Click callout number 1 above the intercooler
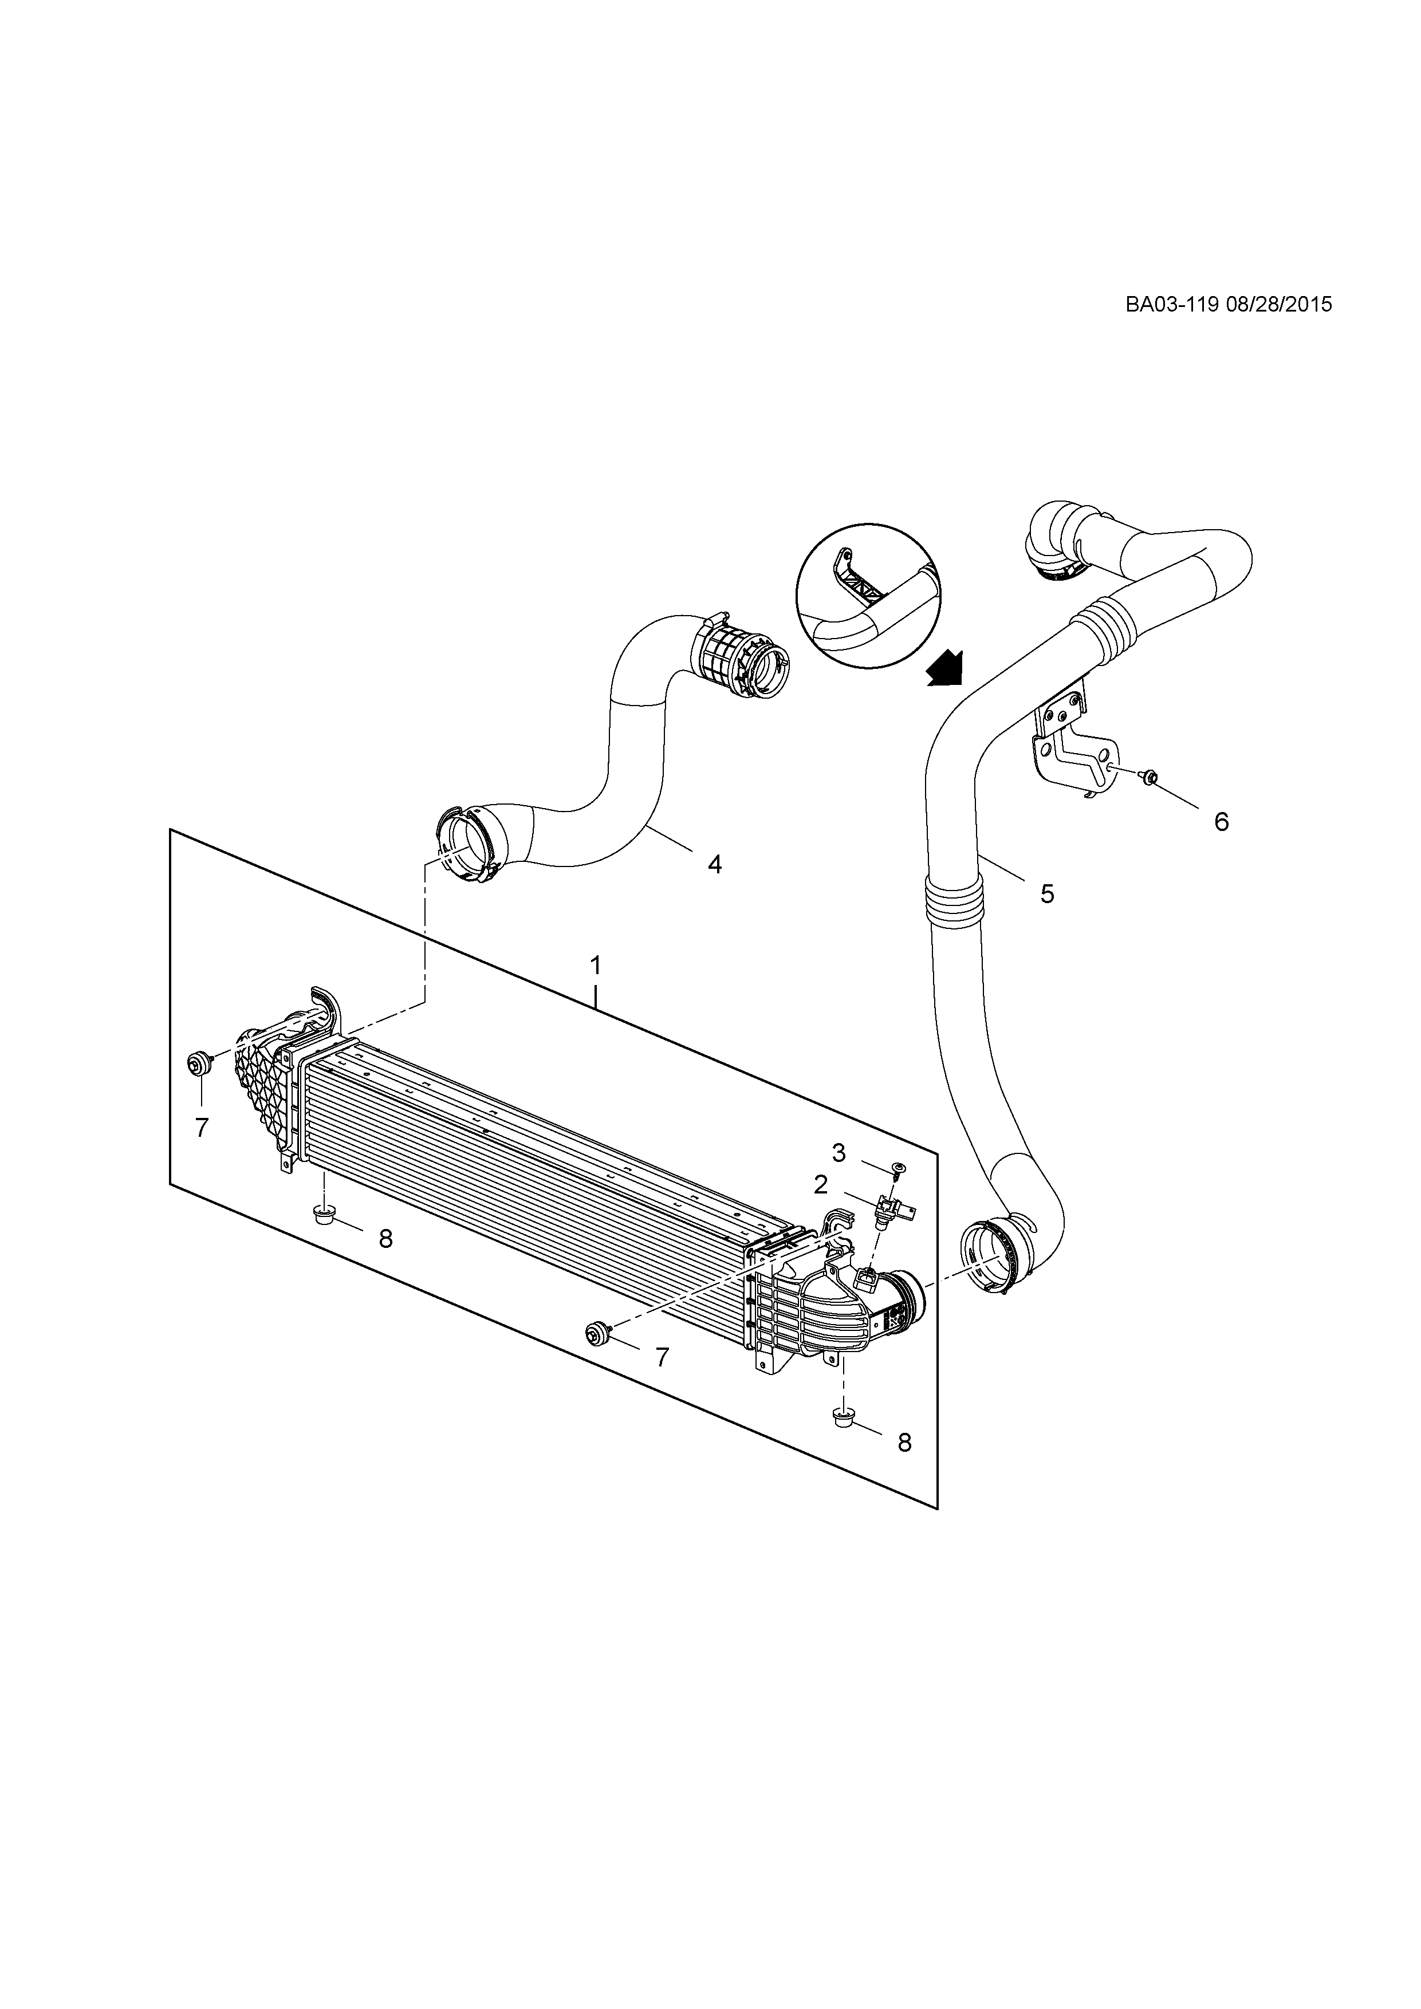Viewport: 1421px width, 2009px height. click(x=595, y=966)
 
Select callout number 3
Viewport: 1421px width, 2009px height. click(x=839, y=1153)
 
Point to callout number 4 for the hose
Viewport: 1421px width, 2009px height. click(x=715, y=865)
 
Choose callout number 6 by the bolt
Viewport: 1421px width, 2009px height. click(x=1222, y=822)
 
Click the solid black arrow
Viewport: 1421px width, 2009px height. click(x=946, y=669)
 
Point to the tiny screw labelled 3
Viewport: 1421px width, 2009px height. click(x=899, y=1169)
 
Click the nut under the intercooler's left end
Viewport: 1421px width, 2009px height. click(x=324, y=1215)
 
